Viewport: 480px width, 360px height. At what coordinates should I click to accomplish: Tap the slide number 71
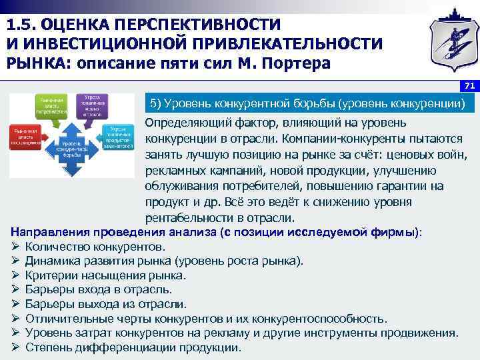469,86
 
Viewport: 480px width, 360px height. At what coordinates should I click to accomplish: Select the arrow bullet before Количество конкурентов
16,247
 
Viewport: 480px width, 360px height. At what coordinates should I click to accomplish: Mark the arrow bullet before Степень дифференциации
16,347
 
